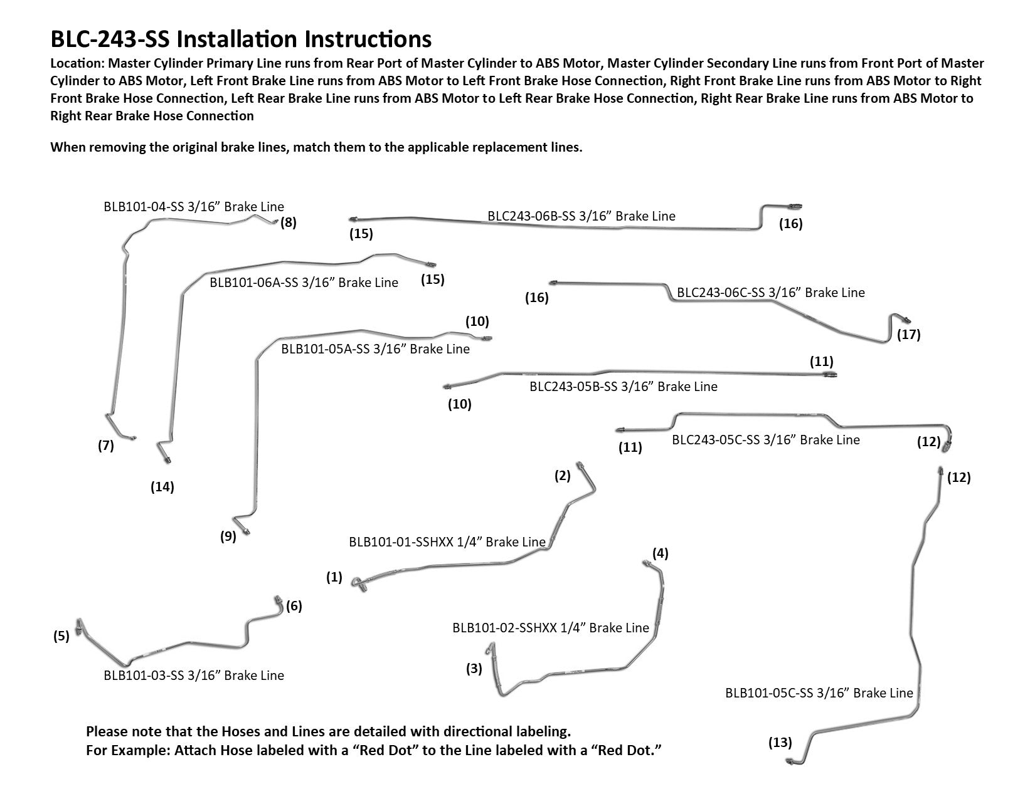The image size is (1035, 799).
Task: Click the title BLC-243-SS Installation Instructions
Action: tap(241, 39)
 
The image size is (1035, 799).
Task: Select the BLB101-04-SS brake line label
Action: tap(194, 207)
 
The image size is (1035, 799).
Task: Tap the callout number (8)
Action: tap(288, 222)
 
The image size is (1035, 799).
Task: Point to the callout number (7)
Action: tap(105, 446)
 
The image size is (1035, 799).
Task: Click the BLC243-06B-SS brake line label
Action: tap(581, 216)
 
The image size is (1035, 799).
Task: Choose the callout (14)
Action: tap(162, 486)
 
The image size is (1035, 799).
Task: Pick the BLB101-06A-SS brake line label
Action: tap(304, 283)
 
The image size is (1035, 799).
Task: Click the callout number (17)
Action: tap(908, 334)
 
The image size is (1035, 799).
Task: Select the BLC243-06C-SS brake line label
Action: tap(770, 293)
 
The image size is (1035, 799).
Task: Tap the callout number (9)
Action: tap(228, 536)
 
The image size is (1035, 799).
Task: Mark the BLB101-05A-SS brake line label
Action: tap(375, 349)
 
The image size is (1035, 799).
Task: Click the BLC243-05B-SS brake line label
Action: tap(623, 387)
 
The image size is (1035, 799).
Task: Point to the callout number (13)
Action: tap(780, 743)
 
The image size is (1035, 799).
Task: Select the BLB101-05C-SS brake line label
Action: tap(819, 693)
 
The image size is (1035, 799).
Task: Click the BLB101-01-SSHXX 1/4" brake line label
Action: tap(447, 542)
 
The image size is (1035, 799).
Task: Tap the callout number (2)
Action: tap(562, 476)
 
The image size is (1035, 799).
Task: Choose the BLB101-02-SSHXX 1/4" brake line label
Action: tap(550, 628)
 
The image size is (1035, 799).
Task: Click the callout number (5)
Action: tap(61, 637)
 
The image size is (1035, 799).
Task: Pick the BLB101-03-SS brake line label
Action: tap(194, 676)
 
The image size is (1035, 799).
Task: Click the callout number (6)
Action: tap(294, 606)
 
